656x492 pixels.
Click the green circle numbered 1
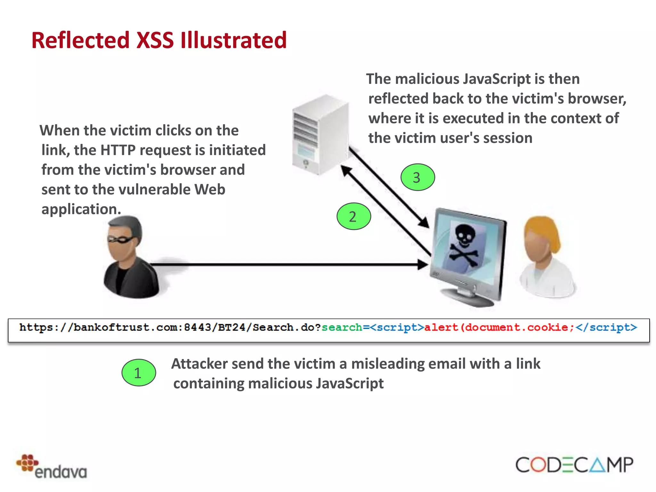pyautogui.click(x=139, y=373)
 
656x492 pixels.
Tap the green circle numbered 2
pyautogui.click(x=354, y=217)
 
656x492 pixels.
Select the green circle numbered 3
pyautogui.click(x=418, y=177)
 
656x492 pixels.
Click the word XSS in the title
pyautogui.click(x=155, y=40)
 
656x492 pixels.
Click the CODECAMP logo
pyautogui.click(x=574, y=465)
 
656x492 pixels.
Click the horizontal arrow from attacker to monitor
pyautogui.click(x=288, y=265)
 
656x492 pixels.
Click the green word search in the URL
pyautogui.click(x=342, y=327)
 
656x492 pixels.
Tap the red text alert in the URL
pyautogui.click(x=441, y=327)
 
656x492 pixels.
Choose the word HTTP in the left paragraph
pyautogui.click(x=118, y=150)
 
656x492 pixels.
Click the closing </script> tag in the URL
pyautogui.click(x=606, y=327)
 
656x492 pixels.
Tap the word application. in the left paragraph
pyautogui.click(x=81, y=209)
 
